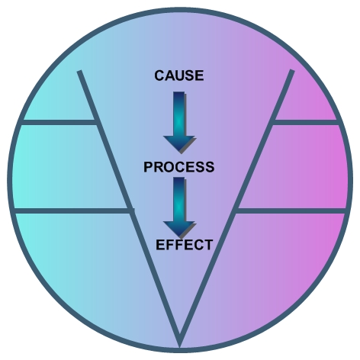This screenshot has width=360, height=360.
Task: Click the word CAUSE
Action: pyautogui.click(x=179, y=76)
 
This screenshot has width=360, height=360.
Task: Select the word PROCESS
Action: pyautogui.click(x=179, y=167)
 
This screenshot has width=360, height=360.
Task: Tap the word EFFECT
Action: pyautogui.click(x=184, y=245)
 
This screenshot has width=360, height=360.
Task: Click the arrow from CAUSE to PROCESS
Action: pyautogui.click(x=179, y=123)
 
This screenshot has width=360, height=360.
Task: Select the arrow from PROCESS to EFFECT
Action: pyautogui.click(x=179, y=208)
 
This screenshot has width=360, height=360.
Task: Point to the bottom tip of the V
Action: pyautogui.click(x=180, y=343)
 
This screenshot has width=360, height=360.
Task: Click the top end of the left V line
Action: pyautogui.click(x=79, y=72)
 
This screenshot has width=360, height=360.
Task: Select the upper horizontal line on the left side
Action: pyautogui.click(x=59, y=123)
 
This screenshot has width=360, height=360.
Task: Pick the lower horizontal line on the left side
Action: pyautogui.click(x=72, y=211)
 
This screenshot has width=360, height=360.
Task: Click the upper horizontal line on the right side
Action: pyautogui.click(x=306, y=123)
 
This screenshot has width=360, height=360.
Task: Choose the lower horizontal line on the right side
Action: pyautogui.click(x=291, y=211)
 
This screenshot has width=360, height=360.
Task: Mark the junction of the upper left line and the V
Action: pyautogui.click(x=96, y=123)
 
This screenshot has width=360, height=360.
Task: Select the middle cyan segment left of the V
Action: pyautogui.click(x=69, y=166)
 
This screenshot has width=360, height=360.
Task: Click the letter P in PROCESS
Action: pyautogui.click(x=148, y=167)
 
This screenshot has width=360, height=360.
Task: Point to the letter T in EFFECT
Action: pyautogui.click(x=208, y=245)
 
